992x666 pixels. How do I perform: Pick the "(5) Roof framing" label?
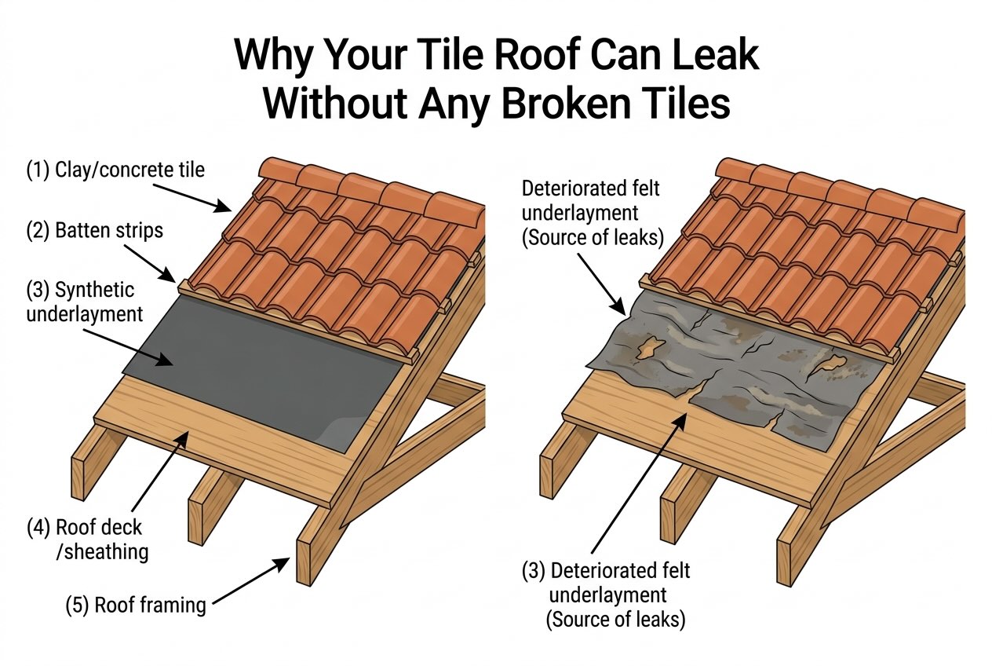coord(137,605)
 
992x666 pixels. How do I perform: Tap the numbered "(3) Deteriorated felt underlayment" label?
coord(604,595)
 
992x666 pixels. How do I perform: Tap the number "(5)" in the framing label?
coord(78,605)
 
